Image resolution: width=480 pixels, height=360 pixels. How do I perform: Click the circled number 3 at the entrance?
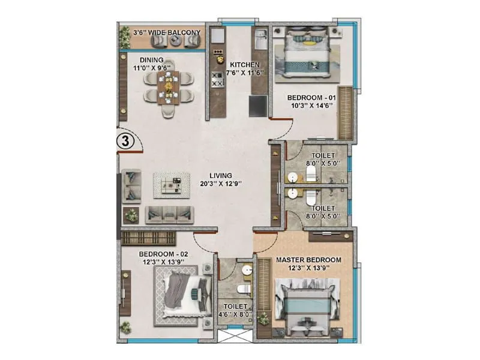(x=124, y=142)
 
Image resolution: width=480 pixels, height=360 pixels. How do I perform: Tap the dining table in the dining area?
(x=170, y=89)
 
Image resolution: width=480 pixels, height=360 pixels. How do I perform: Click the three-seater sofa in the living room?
(x=169, y=214)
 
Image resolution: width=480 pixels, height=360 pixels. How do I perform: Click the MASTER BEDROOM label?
(x=308, y=260)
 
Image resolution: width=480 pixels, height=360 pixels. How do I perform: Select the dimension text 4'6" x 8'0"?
(x=235, y=313)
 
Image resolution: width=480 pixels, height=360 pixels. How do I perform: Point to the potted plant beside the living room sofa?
(x=131, y=215)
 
